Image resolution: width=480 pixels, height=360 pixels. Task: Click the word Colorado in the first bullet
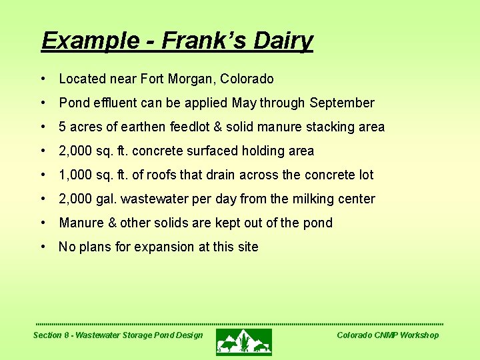pyautogui.click(x=247, y=79)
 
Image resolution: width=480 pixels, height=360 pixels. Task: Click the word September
pyautogui.click(x=343, y=103)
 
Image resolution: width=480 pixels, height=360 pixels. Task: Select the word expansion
pyautogui.click(x=163, y=247)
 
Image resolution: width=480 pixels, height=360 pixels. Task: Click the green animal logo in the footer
pyautogui.click(x=244, y=341)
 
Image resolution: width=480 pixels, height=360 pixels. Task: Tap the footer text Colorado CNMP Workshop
pyautogui.click(x=387, y=335)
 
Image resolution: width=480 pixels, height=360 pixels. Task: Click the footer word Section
pyautogui.click(x=47, y=335)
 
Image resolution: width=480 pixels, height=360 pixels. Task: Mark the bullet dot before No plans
pyautogui.click(x=43, y=247)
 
